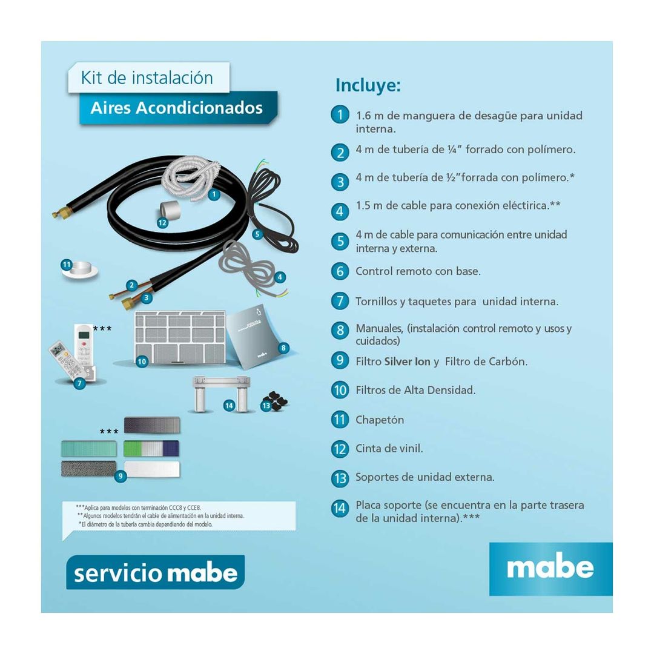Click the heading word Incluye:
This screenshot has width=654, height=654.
(368, 85)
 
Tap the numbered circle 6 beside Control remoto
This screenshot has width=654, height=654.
(340, 271)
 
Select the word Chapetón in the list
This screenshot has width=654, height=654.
(380, 420)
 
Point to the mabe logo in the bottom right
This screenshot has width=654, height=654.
(550, 568)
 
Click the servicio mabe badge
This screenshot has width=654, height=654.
(155, 572)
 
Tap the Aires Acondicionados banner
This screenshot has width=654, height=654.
(177, 108)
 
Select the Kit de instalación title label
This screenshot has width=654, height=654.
(147, 78)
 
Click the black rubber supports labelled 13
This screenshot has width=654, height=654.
(276, 401)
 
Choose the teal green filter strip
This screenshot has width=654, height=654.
(88, 449)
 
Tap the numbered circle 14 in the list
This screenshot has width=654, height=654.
(340, 507)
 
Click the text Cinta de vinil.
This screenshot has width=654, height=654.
(389, 449)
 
